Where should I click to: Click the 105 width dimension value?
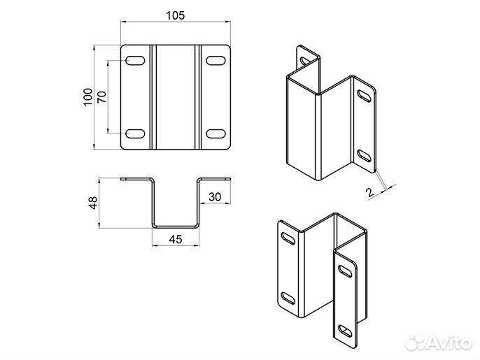[176, 15]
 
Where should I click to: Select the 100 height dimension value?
[88, 97]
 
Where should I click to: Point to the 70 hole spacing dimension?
[102, 96]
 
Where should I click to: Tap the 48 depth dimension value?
[93, 203]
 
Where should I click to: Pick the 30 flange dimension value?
[215, 196]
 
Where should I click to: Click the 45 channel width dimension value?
[176, 239]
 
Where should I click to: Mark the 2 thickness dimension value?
[369, 192]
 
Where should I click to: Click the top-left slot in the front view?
[135, 60]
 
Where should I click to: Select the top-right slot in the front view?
[216, 60]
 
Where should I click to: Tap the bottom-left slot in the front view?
[135, 134]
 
